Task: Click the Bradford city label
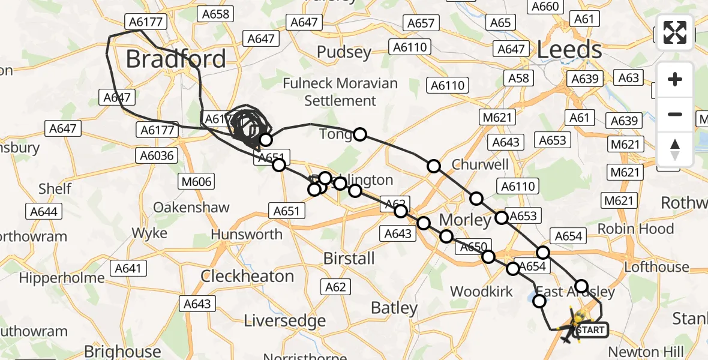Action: coord(176,59)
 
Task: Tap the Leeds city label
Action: coord(569,50)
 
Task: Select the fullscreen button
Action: coord(675,32)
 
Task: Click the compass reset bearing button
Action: coord(675,149)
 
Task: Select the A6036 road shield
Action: coord(157,156)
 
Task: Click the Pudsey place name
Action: coord(344,53)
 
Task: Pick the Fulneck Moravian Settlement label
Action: coord(340,92)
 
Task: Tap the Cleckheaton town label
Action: coord(247,277)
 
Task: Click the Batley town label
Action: coord(394,308)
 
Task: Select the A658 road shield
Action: coord(215,13)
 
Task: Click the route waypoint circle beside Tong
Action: coord(359,134)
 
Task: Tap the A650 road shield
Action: coord(473,247)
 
